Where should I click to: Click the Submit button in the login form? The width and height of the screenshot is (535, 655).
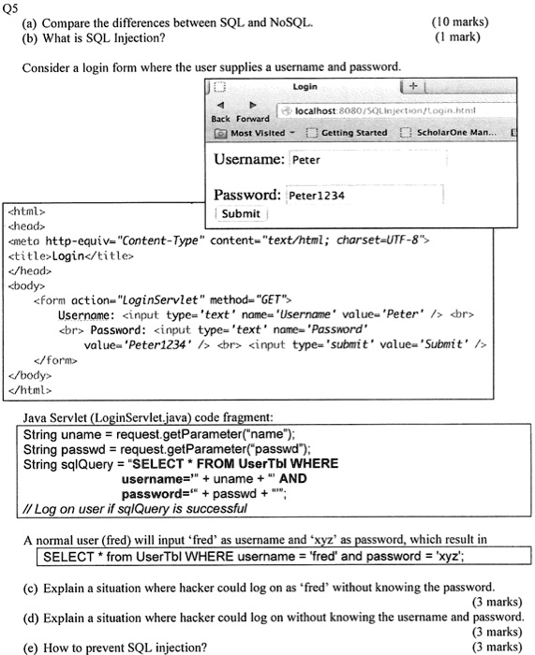240,213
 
